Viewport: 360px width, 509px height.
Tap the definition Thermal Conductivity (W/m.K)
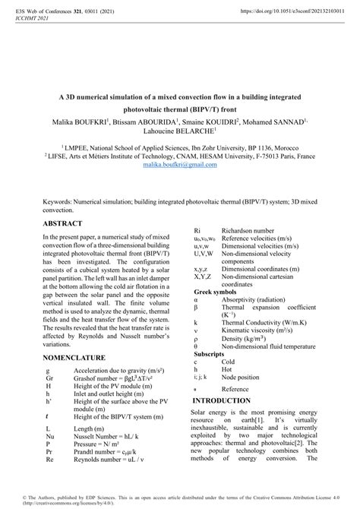tap(261, 323)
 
